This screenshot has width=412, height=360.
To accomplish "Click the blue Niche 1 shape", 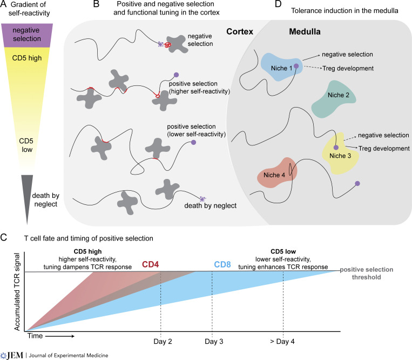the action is click(280, 68).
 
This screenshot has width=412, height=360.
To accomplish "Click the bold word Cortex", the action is click(240, 31).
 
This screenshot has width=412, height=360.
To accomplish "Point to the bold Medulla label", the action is click(305, 31).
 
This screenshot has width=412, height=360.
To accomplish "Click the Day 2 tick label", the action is click(163, 342).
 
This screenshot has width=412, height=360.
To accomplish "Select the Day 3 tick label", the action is click(214, 342).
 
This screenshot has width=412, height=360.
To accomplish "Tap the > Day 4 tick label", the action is click(282, 342).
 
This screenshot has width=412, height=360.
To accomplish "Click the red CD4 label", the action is click(150, 264).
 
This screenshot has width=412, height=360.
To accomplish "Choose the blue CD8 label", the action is click(222, 264).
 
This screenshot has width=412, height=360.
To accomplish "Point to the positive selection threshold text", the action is click(367, 273).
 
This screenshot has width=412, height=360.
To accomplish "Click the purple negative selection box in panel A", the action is click(27, 35).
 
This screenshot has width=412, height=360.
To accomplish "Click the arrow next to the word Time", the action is click(60, 336).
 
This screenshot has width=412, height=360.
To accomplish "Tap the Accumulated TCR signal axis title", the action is click(17, 292).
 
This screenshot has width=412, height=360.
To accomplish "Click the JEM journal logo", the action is click(12, 356).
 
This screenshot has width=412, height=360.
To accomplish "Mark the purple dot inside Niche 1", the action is click(296, 66).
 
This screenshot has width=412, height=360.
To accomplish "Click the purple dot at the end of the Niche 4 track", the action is click(357, 183).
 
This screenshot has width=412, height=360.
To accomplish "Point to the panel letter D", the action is click(278, 4).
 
